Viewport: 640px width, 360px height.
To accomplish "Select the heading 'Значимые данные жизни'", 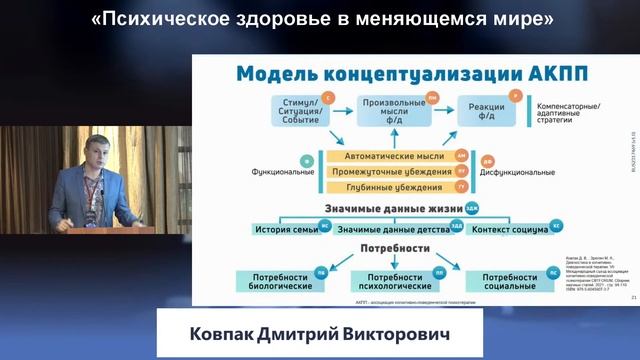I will coord(384,209).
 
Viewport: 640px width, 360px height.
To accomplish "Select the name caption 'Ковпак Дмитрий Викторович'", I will coord(320,333).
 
